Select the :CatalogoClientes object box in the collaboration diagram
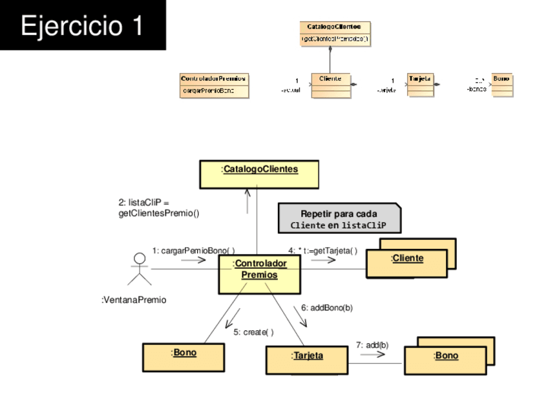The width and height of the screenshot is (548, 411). tap(259, 174)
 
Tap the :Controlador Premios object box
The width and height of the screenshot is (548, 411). tap(259, 273)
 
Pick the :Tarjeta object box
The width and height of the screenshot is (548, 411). tap(306, 359)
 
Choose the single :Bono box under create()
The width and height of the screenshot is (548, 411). tap(184, 357)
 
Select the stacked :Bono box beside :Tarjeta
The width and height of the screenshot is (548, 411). tap(445, 359)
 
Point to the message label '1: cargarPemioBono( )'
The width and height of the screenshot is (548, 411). tap(193, 250)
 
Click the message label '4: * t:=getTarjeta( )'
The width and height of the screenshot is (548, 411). tap(322, 250)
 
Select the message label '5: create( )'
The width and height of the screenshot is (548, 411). tap(253, 332)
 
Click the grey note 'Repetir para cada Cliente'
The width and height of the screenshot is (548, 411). tap(339, 219)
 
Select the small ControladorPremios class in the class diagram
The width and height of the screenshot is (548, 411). tap(214, 85)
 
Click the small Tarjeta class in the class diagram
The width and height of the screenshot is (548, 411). tap(420, 85)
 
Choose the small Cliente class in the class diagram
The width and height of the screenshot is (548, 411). tap(330, 85)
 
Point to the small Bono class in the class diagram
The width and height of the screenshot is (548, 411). tap(501, 85)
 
